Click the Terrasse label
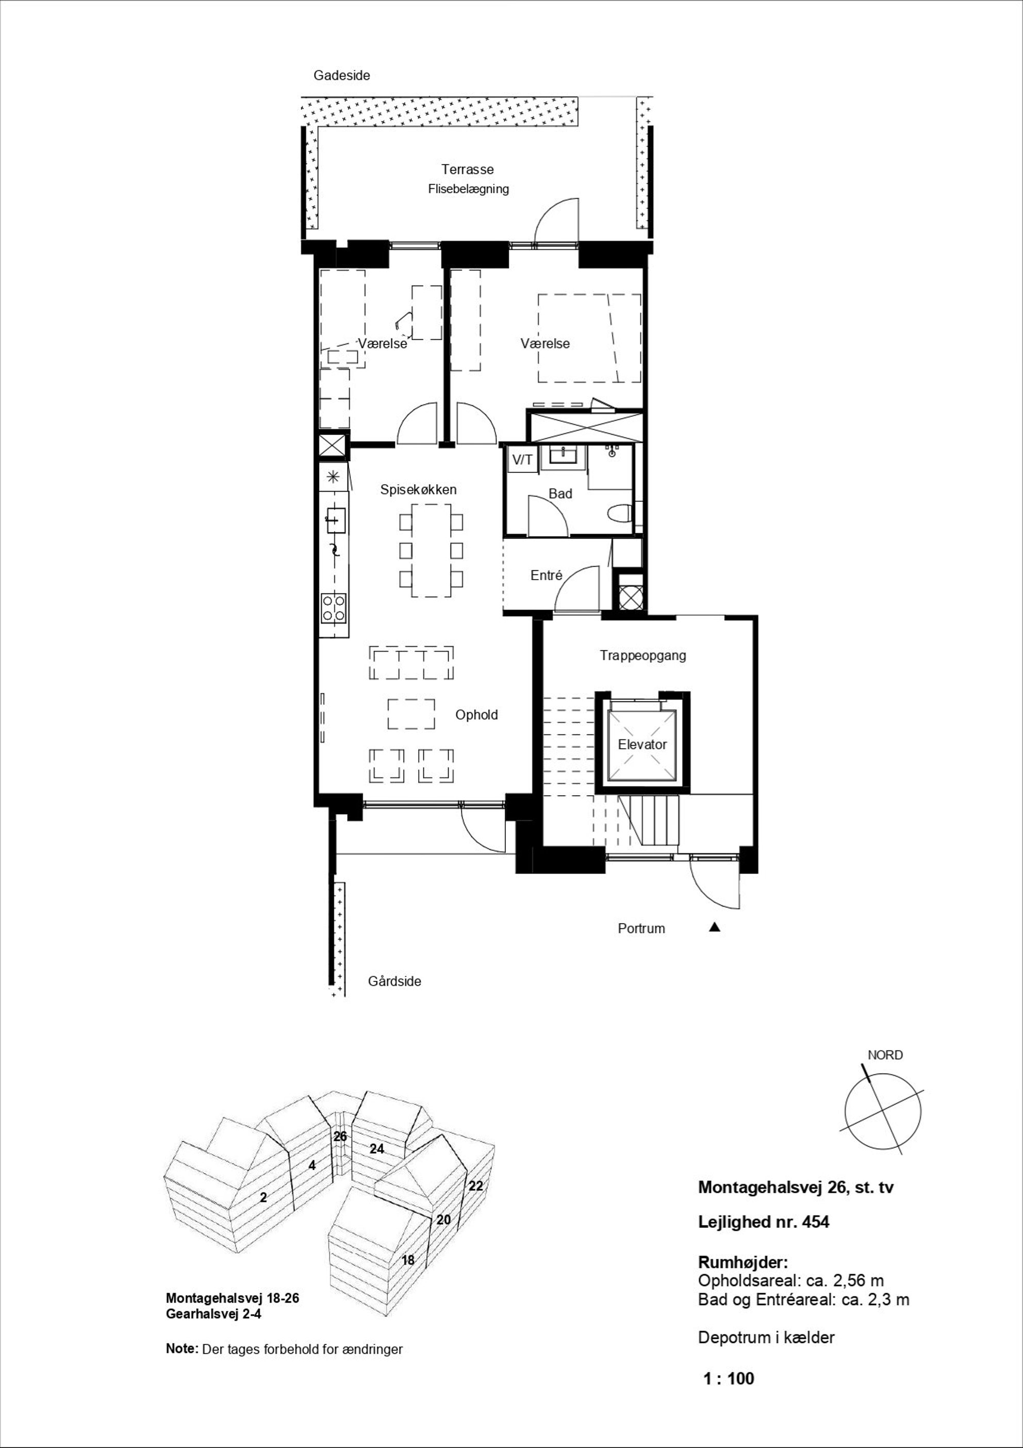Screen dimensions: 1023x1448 (x=467, y=169)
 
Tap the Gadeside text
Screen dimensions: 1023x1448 (x=342, y=76)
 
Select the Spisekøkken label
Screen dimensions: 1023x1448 (x=418, y=489)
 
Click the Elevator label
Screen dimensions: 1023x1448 (x=642, y=744)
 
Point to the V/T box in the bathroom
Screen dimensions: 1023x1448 (x=522, y=460)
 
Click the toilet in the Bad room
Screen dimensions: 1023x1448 (x=621, y=514)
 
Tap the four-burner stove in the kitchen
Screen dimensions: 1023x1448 (x=334, y=607)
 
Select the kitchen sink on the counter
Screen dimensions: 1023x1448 (x=336, y=520)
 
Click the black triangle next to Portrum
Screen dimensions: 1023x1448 (x=714, y=927)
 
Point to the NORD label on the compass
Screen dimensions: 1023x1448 (x=885, y=1055)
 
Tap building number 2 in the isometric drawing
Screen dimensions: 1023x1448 (x=263, y=1196)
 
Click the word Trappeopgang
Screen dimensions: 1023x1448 (x=642, y=655)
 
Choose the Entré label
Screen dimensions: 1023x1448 (x=546, y=575)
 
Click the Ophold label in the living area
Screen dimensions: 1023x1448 (x=476, y=715)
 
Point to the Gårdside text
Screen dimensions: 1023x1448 (x=394, y=981)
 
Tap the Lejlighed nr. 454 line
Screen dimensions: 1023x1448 (x=763, y=1222)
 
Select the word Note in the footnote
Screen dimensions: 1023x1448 (x=181, y=1348)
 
